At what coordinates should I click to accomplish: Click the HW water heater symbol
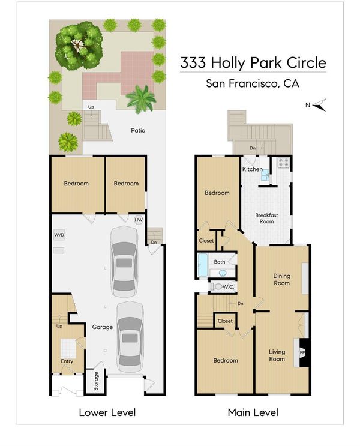(x=139, y=220)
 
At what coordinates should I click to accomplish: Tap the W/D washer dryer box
(x=59, y=235)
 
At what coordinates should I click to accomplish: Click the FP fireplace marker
(x=302, y=353)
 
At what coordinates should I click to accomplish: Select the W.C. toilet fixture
(x=217, y=287)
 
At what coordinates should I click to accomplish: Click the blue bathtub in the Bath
(x=202, y=265)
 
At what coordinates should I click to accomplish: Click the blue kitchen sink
(x=265, y=175)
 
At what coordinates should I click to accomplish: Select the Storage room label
(x=96, y=381)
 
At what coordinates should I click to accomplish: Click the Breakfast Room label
(x=266, y=218)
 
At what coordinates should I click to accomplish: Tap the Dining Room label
(x=281, y=279)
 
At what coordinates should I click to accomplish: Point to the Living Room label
(x=277, y=355)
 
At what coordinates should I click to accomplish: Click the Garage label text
(x=103, y=327)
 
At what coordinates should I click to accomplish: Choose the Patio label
(x=138, y=130)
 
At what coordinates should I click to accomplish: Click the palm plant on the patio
(x=141, y=99)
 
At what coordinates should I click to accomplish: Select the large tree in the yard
(x=79, y=46)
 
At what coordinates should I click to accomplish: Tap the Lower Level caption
(x=107, y=412)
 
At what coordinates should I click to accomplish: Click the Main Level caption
(x=253, y=412)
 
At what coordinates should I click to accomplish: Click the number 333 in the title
(x=193, y=62)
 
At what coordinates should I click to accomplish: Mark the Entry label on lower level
(x=67, y=361)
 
